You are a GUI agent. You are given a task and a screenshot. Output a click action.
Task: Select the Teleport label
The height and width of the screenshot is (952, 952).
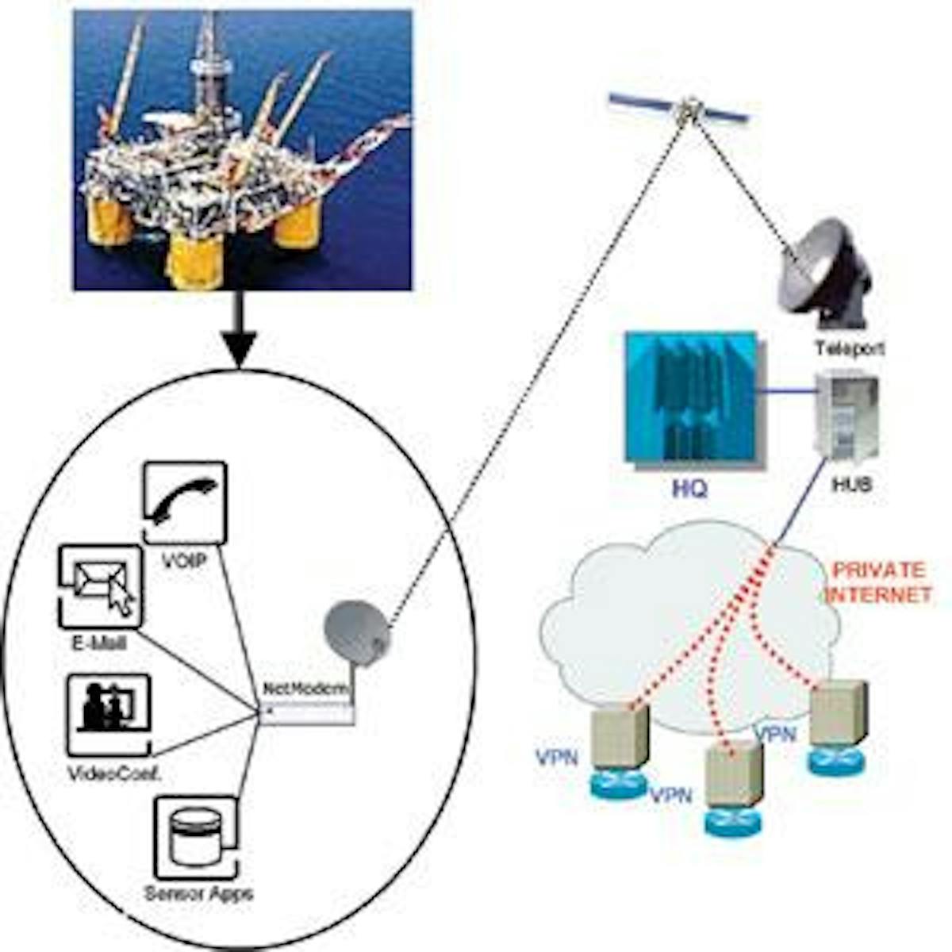pos(849,347)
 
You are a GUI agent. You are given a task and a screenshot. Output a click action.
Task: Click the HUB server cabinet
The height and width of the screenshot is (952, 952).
pos(847,416)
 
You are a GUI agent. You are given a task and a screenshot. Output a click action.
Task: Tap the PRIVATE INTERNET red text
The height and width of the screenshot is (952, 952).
pos(878,582)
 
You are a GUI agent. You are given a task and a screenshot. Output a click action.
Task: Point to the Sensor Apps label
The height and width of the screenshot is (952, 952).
pos(198,893)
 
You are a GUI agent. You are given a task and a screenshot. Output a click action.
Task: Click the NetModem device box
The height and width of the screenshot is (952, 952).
pos(307,712)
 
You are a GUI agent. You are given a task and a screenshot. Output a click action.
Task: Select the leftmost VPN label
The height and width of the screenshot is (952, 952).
pos(556,758)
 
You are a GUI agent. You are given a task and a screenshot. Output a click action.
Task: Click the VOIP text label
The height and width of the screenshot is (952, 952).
pos(184,561)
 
